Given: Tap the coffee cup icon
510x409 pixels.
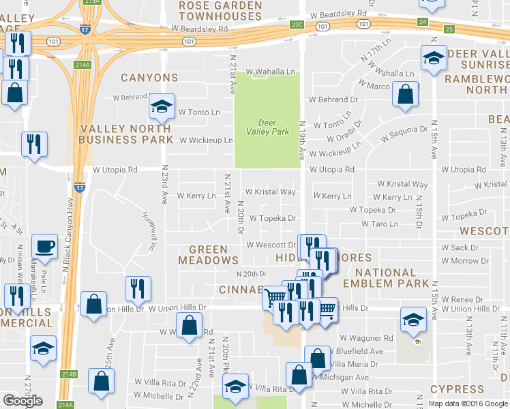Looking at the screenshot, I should pos(46,246).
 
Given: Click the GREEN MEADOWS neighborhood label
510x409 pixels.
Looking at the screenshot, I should pos(209,255).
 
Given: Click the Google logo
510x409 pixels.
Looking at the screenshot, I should pos(22,401).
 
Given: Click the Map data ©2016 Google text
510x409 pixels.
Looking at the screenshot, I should pos(468,404).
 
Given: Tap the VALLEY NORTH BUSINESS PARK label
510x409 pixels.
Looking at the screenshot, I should pos(126,134).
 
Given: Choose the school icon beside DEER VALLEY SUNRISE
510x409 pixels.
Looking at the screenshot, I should pos(433,59).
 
